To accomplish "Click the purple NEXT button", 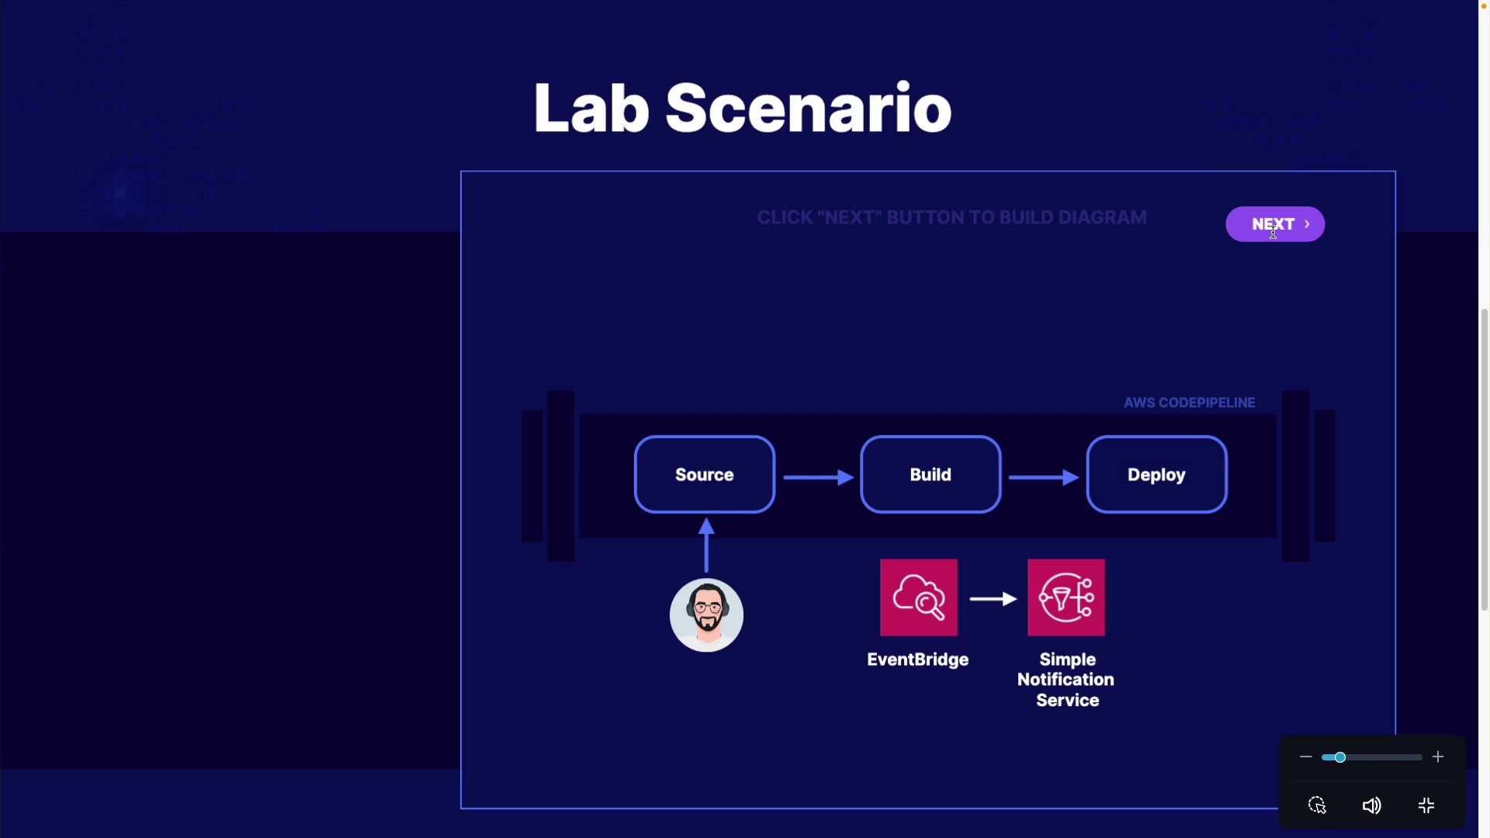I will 1274,224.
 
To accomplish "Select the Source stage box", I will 704,475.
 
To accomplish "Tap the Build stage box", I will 930,475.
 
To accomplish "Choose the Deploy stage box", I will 1156,475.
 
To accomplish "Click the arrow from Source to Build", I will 818,477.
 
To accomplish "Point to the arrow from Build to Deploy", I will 1043,477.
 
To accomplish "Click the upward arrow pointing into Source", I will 706,545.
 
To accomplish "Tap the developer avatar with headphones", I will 706,615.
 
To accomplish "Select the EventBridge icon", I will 918,597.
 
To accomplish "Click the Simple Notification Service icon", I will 1066,597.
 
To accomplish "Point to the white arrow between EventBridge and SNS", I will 993,599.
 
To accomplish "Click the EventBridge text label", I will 917,660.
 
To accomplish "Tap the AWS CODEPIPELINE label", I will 1189,403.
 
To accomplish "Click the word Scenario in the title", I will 808,109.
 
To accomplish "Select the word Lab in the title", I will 591,109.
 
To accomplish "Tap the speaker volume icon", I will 1371,805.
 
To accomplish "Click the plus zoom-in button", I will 1438,757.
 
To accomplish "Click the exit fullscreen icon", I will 1426,805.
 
